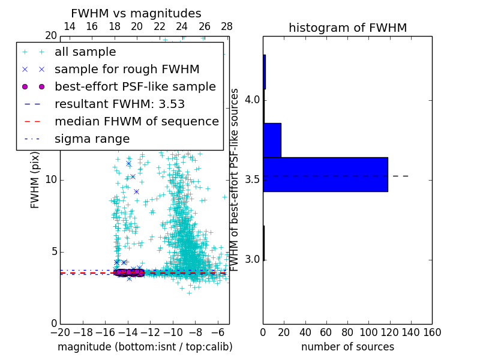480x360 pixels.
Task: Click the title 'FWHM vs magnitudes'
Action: pos(136,13)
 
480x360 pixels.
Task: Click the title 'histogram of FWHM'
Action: pos(347,28)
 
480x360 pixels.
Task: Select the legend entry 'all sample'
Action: pos(85,52)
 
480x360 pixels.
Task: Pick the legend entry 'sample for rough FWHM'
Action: pos(127,69)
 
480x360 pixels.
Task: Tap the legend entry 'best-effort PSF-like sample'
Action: pos(135,86)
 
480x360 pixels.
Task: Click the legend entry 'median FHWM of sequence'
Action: pos(136,121)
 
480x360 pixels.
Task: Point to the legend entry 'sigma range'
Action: pos(92,139)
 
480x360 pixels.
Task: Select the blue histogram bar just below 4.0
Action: pos(272,140)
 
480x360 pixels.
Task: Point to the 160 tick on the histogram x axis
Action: pos(431,332)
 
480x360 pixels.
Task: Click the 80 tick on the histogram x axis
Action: pos(347,332)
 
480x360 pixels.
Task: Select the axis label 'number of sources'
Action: pos(347,347)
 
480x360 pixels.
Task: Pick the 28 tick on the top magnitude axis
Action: pos(227,27)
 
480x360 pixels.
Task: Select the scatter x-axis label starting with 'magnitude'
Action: pos(145,347)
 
